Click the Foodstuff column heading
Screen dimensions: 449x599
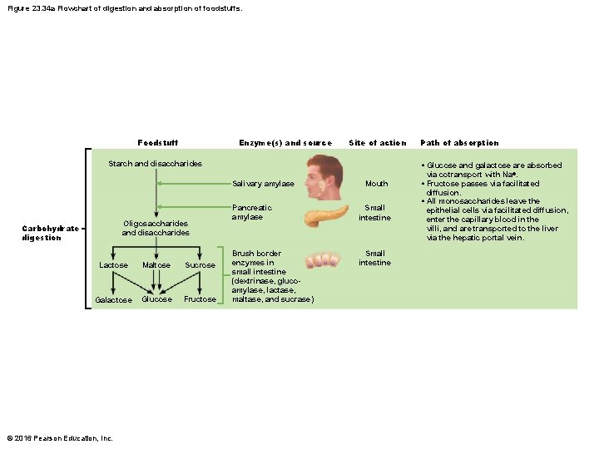tap(157, 143)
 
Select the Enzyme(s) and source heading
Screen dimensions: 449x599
tap(285, 143)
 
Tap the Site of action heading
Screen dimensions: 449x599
tap(378, 143)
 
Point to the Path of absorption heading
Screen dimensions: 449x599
tap(459, 143)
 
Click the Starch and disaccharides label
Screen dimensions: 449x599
tap(156, 164)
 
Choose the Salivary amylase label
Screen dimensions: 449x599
tap(263, 184)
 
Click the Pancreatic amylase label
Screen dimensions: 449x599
tap(252, 212)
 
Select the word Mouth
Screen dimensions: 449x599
tap(376, 184)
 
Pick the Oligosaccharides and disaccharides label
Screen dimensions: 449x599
tap(156, 228)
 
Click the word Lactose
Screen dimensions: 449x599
tap(114, 265)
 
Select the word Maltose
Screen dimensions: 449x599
tap(156, 265)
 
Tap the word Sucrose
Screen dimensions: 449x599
tap(200, 265)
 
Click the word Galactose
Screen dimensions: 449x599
tap(113, 300)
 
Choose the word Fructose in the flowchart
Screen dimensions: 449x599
tap(200, 299)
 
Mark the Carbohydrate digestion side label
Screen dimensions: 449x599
tap(51, 233)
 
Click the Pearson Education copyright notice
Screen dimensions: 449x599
tap(59, 438)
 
